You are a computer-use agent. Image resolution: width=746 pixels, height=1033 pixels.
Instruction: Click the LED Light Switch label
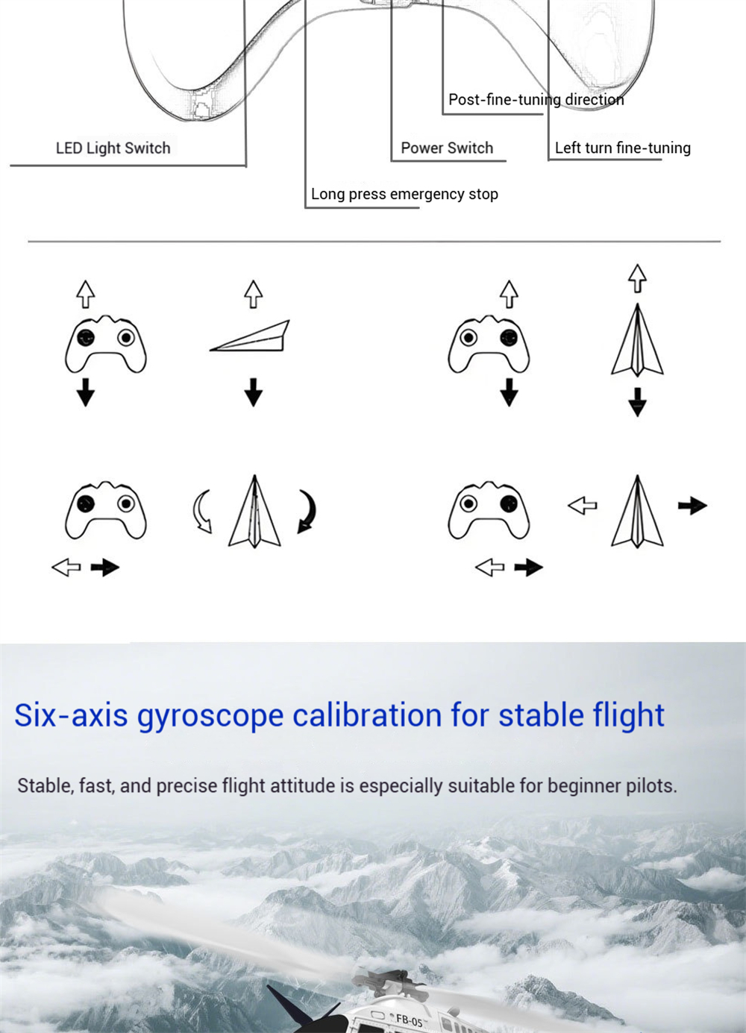(113, 148)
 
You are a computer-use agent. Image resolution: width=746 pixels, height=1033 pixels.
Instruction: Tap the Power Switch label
(447, 148)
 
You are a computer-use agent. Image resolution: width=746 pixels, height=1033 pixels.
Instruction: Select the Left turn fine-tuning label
(622, 148)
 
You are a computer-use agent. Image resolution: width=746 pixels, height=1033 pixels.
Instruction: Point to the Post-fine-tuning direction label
(536, 100)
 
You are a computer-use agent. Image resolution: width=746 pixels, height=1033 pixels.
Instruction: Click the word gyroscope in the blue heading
(210, 716)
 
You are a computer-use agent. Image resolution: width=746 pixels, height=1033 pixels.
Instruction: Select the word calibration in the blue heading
(367, 715)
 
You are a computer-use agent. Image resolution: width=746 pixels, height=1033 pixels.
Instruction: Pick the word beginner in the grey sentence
(583, 786)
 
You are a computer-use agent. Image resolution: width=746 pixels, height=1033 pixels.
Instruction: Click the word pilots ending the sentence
(651, 786)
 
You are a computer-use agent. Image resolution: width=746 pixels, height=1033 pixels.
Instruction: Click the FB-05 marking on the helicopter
(409, 1020)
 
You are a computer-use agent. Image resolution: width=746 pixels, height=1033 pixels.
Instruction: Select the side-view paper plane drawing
(250, 336)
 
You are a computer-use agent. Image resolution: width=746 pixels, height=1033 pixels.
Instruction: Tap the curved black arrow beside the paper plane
(307, 511)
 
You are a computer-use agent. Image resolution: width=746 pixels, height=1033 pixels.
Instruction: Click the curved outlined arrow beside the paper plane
(201, 511)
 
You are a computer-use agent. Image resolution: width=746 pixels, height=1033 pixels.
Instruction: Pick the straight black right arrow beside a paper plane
(692, 506)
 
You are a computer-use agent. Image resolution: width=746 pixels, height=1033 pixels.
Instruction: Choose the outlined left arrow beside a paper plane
(582, 506)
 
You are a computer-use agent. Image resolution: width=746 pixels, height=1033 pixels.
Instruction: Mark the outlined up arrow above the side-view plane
(254, 294)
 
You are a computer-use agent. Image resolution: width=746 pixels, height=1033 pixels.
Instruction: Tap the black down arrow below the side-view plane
(254, 392)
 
